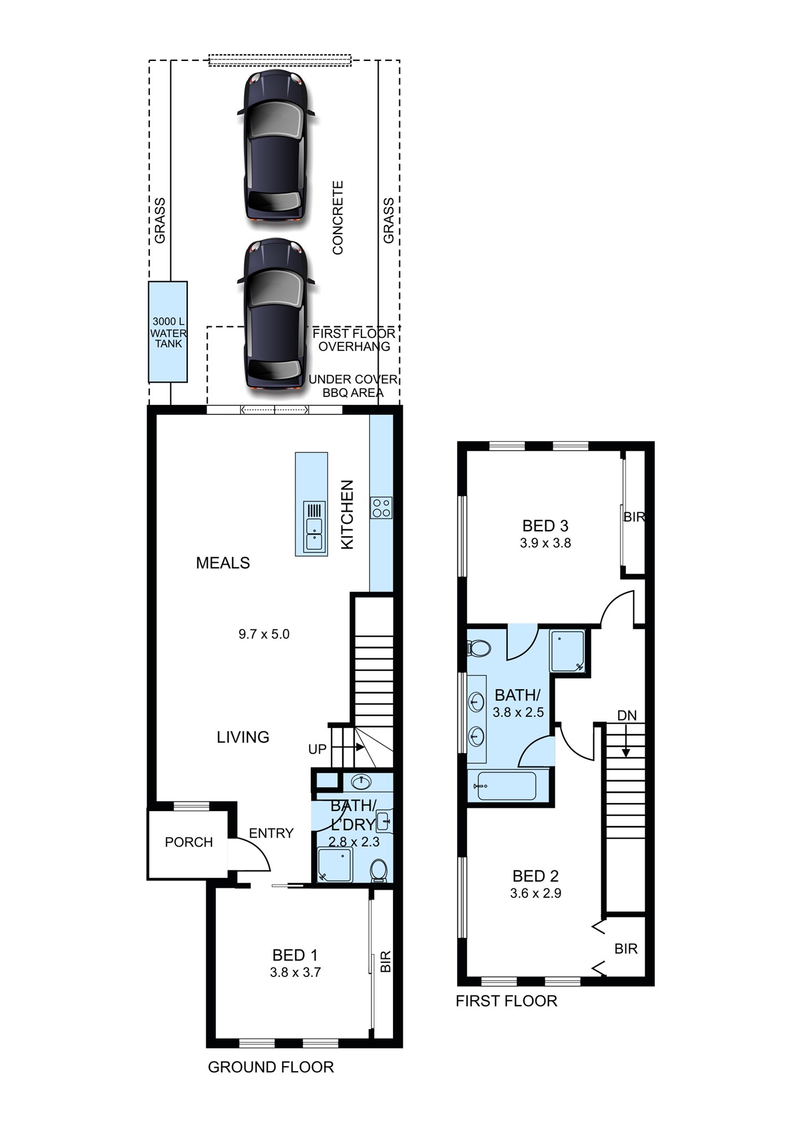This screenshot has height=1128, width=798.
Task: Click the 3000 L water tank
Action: pyautogui.click(x=167, y=332)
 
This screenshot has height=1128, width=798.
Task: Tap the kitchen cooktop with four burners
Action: pyautogui.click(x=381, y=508)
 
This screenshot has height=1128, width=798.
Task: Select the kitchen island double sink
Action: pyautogui.click(x=314, y=526)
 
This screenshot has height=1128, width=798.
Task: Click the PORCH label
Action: pyautogui.click(x=189, y=842)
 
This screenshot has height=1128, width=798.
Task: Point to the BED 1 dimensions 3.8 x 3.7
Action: pyautogui.click(x=295, y=972)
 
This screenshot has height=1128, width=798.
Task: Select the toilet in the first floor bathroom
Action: pyautogui.click(x=478, y=648)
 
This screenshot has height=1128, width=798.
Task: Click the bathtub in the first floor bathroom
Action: pyautogui.click(x=506, y=785)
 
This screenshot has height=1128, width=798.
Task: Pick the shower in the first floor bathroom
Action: pyautogui.click(x=567, y=651)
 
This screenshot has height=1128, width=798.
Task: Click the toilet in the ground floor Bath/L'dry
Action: pyautogui.click(x=379, y=870)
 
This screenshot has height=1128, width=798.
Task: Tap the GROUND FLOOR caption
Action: pyautogui.click(x=271, y=1067)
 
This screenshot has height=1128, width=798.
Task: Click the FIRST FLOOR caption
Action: pyautogui.click(x=506, y=1001)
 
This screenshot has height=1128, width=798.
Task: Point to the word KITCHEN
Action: pyautogui.click(x=347, y=514)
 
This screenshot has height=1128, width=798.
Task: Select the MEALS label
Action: pyautogui.click(x=223, y=563)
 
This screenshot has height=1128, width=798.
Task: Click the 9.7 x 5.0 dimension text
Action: pyautogui.click(x=264, y=634)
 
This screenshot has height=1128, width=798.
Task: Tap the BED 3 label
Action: pyautogui.click(x=545, y=526)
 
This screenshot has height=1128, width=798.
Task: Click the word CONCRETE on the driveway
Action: pyautogui.click(x=338, y=218)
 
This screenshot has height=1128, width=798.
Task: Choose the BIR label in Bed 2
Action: pyautogui.click(x=626, y=949)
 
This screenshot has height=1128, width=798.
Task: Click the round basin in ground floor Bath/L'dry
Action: pyautogui.click(x=361, y=782)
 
